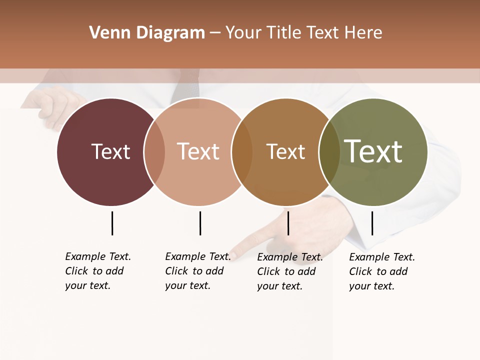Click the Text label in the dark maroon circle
pos(110,151)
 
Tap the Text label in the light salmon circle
pos(198,151)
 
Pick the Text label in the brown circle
pos(285,151)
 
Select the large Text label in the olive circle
pos(373,151)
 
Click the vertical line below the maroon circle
pos(112,223)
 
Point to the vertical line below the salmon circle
pos(200,223)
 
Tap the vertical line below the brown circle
pos(288,223)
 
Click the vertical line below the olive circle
pos(372,223)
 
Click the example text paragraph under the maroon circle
pos(97,271)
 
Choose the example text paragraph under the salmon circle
pos(197,271)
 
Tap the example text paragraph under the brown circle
pos(289,271)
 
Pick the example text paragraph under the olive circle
pos(381,271)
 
